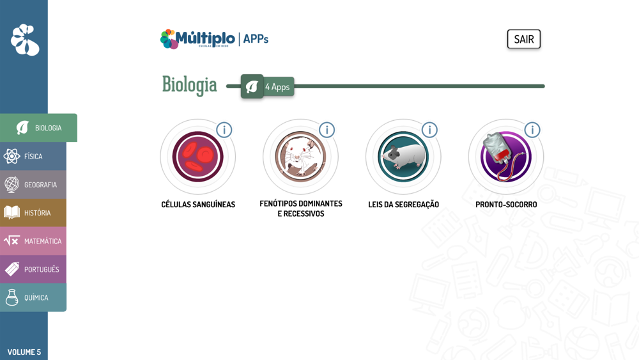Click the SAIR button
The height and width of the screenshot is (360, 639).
[x=524, y=39]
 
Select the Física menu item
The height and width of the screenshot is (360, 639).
[x=33, y=156]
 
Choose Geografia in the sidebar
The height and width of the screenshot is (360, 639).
[x=33, y=185]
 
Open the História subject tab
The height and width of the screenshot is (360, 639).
[x=33, y=213]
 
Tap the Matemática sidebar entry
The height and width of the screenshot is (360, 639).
[x=33, y=241]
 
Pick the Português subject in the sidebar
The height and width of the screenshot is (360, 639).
[x=33, y=269]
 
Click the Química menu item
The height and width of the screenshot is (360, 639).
[x=33, y=297]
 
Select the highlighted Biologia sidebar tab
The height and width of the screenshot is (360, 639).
[x=38, y=128]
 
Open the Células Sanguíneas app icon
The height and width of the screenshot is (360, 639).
[x=197, y=157]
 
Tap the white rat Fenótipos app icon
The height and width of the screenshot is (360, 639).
[x=300, y=157]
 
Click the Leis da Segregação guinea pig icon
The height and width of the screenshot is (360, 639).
[x=403, y=157]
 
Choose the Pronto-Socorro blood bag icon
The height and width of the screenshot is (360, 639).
[x=505, y=157]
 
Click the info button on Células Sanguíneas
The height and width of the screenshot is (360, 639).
[x=224, y=130]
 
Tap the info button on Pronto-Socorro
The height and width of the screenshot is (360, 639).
[x=532, y=130]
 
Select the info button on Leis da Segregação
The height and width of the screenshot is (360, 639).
[x=429, y=130]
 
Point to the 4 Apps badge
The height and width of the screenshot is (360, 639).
[x=267, y=86]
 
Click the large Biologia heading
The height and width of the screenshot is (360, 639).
[x=190, y=85]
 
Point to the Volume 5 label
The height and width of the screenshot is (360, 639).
[x=24, y=352]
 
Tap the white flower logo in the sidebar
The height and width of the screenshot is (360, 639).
[x=25, y=40]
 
